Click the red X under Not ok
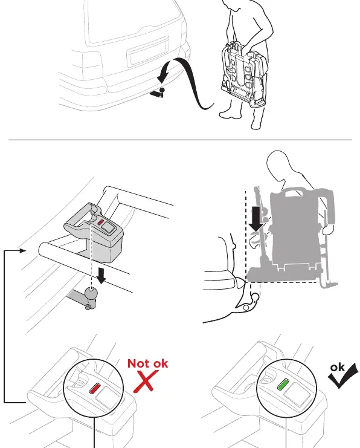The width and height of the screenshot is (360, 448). tap(146, 381)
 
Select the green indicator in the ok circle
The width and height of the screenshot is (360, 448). tap(284, 385)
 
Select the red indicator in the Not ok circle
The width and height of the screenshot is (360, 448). tap(95, 389)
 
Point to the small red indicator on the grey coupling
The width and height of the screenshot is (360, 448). tap(101, 222)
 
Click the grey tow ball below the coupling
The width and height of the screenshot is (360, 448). tap(91, 293)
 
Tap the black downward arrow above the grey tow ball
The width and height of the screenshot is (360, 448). tap(101, 276)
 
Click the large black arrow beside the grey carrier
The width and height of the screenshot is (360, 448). tap(256, 219)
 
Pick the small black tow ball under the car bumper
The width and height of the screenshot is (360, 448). tap(162, 90)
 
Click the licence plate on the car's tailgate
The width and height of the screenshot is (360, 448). tap(148, 51)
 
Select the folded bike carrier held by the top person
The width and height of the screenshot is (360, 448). tap(245, 74)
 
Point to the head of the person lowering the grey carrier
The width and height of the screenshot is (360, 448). tap(278, 162)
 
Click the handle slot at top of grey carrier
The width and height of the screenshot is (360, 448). tap(294, 194)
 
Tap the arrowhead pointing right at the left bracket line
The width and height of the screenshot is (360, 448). tap(23, 251)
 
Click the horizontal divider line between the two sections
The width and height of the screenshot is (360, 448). tap(180, 140)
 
